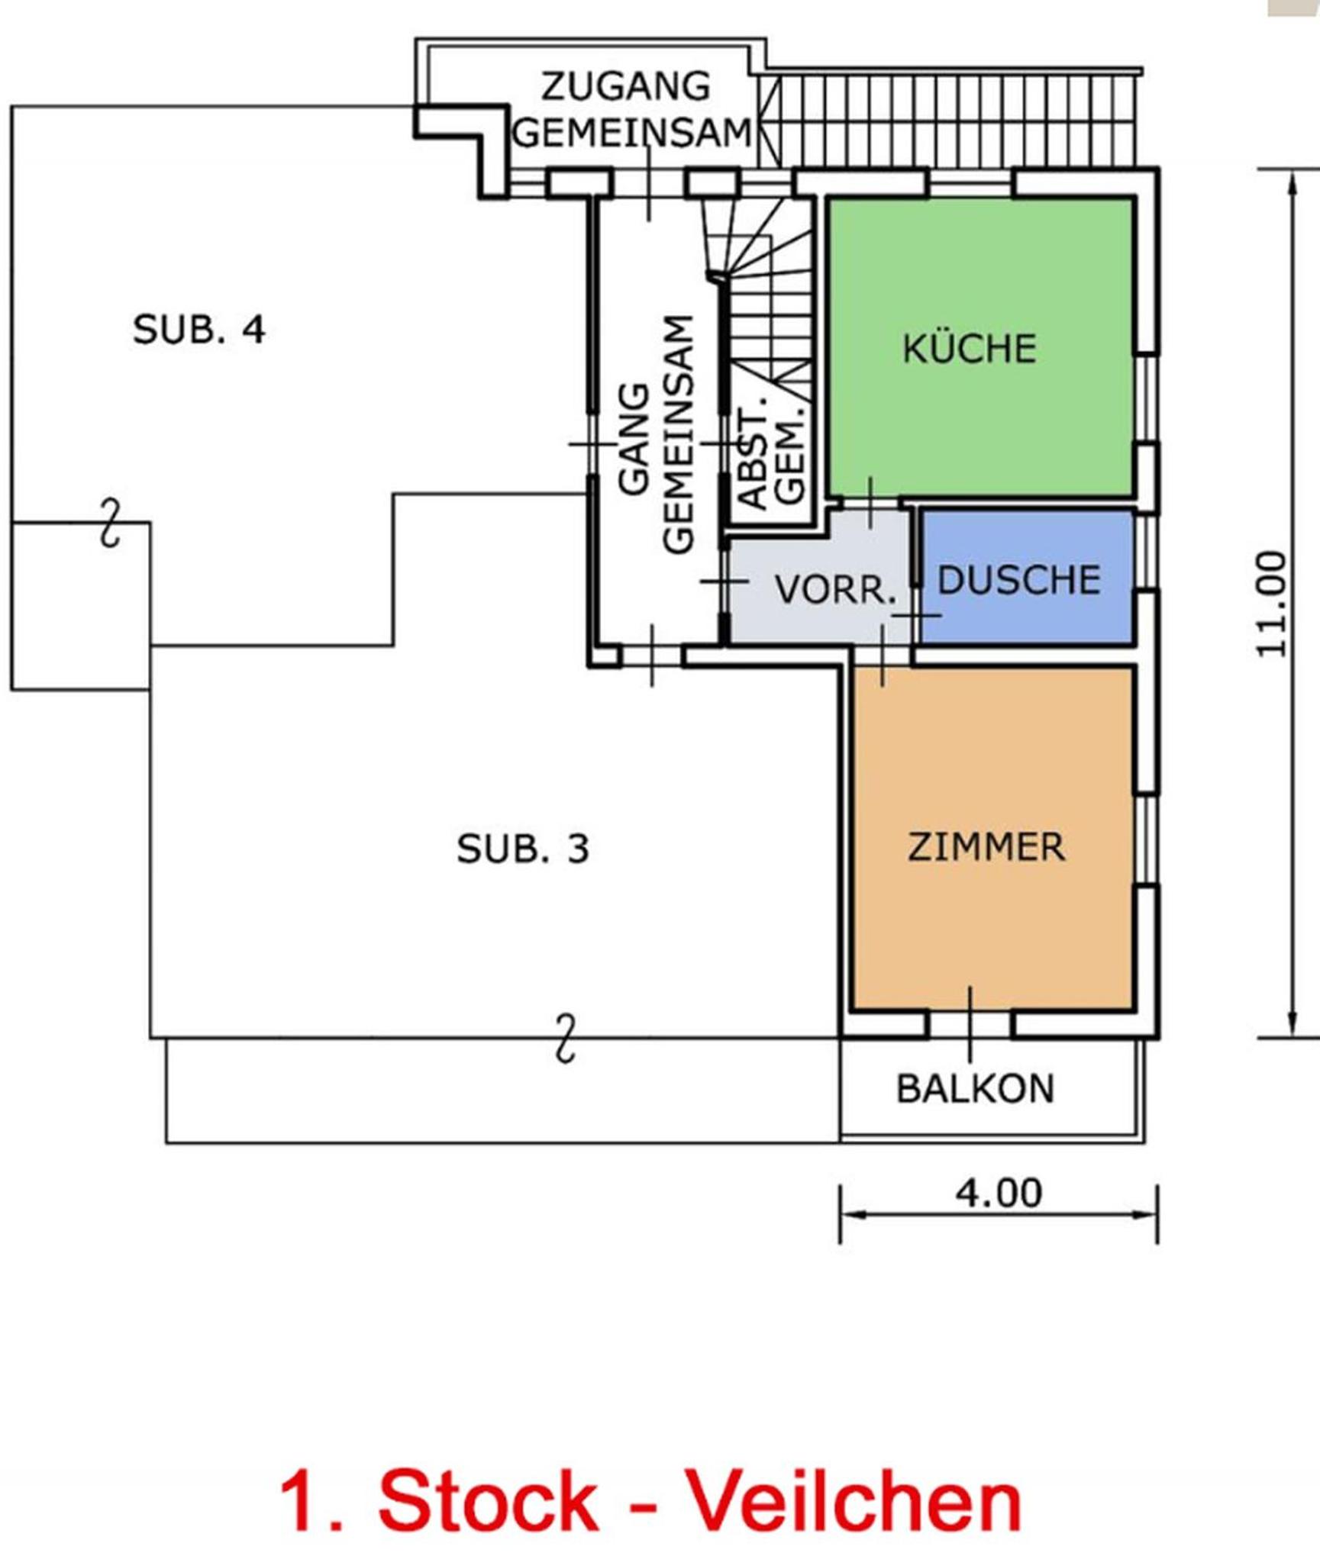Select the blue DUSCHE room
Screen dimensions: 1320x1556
[x=1027, y=578]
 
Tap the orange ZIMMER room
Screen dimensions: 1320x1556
[x=992, y=839]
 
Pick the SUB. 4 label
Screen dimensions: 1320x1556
[x=199, y=330]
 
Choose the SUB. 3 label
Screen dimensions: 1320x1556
[x=523, y=849]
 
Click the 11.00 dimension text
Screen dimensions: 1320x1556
[x=1272, y=604]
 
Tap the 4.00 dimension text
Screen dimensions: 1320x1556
[x=999, y=1193]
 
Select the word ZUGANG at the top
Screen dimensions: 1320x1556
[x=626, y=86]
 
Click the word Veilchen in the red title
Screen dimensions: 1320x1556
[x=856, y=1503]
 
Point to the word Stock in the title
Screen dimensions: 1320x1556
[x=488, y=1503]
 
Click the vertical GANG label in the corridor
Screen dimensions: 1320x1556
[x=634, y=439]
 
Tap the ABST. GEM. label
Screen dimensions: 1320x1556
[x=772, y=458]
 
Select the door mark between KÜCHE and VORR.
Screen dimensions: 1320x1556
[x=870, y=503]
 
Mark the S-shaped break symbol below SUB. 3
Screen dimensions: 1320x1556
[x=565, y=1038]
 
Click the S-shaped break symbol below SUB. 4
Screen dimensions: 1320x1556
[x=111, y=523]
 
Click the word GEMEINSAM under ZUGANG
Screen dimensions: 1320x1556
[x=632, y=133]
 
